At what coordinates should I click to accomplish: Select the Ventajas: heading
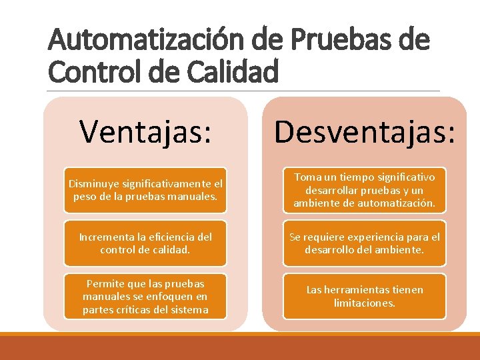click(x=146, y=131)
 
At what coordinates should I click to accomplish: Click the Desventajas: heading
click(x=365, y=131)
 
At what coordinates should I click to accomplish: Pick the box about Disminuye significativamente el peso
click(x=145, y=190)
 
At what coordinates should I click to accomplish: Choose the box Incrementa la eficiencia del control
click(x=145, y=243)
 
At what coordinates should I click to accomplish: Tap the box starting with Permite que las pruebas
click(x=145, y=296)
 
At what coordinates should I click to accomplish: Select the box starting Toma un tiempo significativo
click(x=365, y=190)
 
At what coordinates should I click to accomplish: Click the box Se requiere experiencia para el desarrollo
click(x=365, y=243)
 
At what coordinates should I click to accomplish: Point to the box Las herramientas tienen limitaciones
click(x=365, y=296)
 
